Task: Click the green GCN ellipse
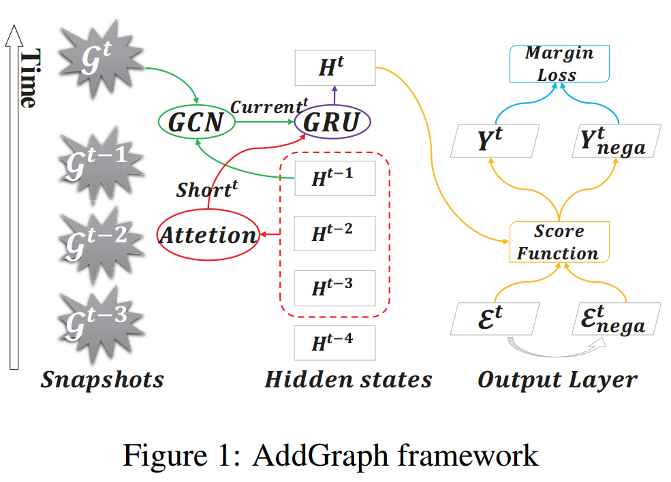(x=196, y=123)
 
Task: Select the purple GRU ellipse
(x=332, y=123)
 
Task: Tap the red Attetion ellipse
(x=208, y=235)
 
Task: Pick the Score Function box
(x=559, y=242)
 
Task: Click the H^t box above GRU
(x=334, y=67)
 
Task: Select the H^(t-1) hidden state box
(x=334, y=179)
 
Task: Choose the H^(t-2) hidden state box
(x=334, y=234)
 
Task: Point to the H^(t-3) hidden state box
(x=334, y=287)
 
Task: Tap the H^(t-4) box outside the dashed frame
(x=334, y=342)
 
